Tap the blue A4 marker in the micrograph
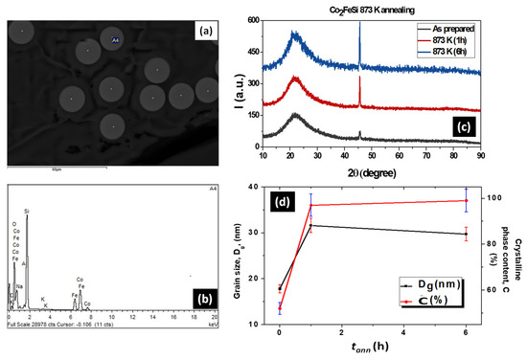(x=116, y=40)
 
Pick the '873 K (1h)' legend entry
(x=476, y=39)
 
